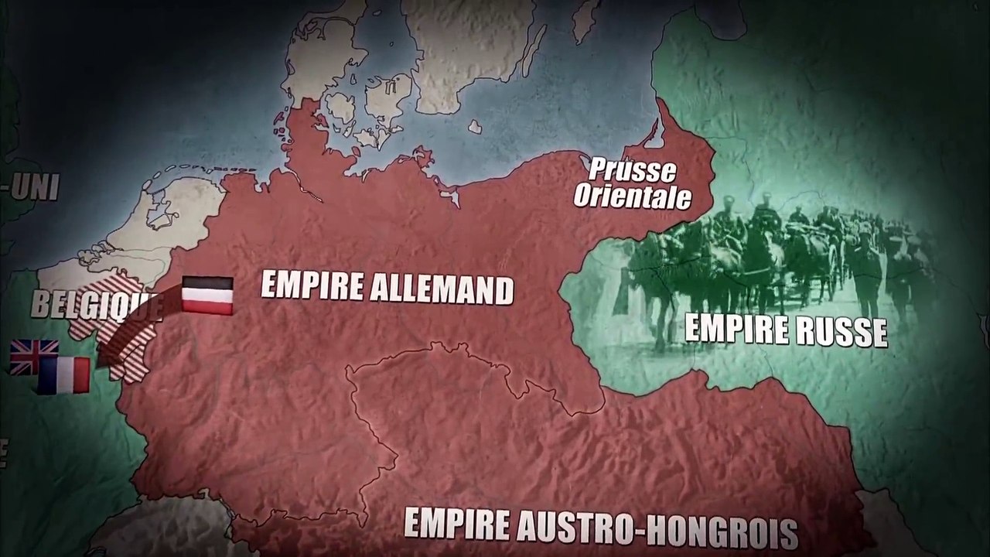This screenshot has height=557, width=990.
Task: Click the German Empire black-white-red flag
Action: point(207,296)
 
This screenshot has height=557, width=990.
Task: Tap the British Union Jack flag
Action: point(32,356)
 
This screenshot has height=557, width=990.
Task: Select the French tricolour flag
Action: point(65,375)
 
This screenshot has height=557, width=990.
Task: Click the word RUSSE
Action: point(842,333)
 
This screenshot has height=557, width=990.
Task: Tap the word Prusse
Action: point(631,170)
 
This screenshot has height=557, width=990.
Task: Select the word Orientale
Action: point(632,196)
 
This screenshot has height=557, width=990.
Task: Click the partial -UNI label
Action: point(29,187)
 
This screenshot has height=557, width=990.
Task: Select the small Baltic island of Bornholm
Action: point(475,125)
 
